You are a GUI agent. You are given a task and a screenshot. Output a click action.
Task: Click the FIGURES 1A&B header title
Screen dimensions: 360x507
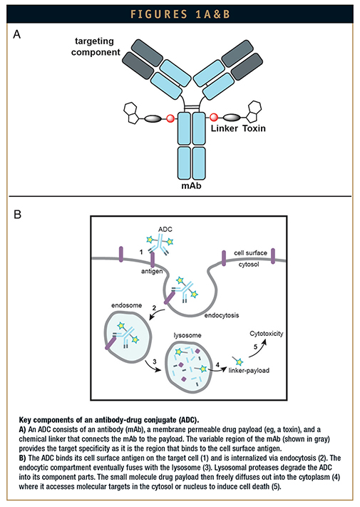coord(180,14)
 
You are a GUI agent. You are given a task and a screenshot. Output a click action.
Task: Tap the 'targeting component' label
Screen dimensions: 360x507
coord(96,46)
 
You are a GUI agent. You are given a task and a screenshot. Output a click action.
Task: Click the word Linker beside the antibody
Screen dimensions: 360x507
coord(225,128)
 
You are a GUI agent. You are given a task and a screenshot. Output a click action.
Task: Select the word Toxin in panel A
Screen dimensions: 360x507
coord(254,128)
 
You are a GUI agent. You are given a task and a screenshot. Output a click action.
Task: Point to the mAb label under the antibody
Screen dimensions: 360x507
coord(191,186)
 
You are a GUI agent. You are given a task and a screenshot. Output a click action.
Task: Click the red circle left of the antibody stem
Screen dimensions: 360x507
coord(170,118)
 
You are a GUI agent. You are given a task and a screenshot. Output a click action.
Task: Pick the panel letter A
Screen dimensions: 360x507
coord(17,34)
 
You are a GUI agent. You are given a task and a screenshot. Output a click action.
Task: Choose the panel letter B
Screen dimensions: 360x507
coord(17,215)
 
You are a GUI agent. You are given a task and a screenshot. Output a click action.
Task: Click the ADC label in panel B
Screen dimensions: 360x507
coord(165,229)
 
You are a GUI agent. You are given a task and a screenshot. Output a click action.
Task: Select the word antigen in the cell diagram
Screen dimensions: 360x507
coord(152,271)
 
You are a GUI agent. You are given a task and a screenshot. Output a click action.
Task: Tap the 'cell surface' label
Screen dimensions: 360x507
coord(250,253)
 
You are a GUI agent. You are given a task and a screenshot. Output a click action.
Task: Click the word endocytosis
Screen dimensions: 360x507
coord(222,315)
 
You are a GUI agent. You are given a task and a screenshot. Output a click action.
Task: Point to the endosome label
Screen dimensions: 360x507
coord(127,305)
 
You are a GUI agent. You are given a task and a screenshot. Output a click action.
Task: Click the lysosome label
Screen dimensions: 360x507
coord(187,335)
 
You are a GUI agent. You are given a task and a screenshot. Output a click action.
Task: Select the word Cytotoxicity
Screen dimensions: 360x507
coord(267,334)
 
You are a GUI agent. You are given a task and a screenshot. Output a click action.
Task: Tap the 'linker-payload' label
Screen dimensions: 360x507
coord(249,370)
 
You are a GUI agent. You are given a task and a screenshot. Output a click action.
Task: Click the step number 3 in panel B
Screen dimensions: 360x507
coord(155,362)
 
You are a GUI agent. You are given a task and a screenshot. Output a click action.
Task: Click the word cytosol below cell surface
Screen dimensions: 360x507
coord(249,265)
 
